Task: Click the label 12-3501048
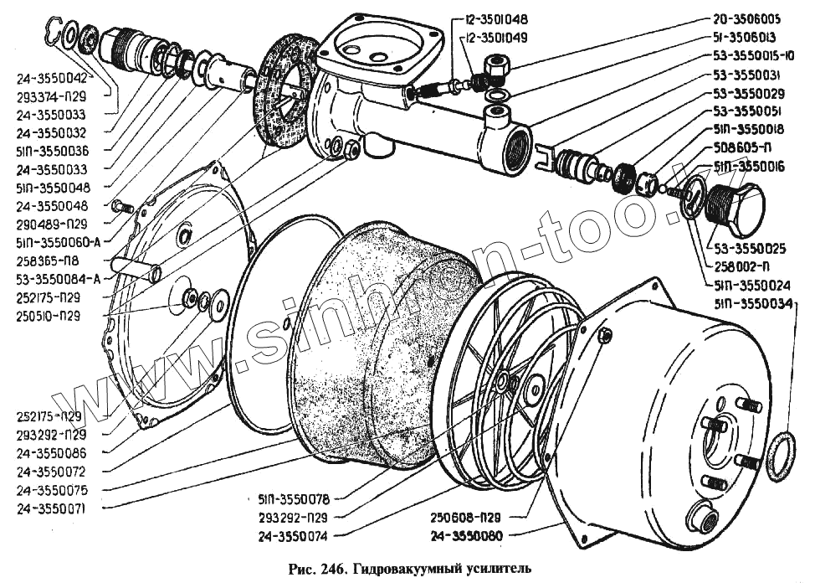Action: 494,18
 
